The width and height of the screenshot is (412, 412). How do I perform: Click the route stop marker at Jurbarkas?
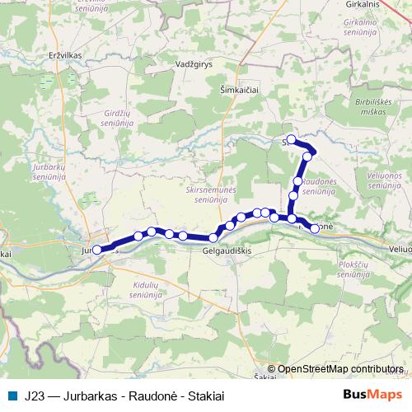97,249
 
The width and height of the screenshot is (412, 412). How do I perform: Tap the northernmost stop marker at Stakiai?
291,139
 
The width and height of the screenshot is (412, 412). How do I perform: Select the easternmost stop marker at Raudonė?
315,228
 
